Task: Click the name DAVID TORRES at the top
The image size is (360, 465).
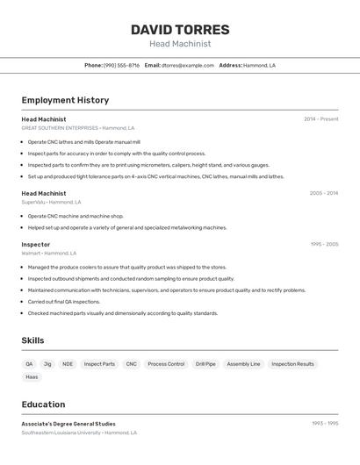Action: click(180, 29)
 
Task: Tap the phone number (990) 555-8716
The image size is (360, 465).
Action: click(121, 65)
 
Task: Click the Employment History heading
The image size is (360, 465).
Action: click(65, 100)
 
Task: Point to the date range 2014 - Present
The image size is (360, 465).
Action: click(320, 119)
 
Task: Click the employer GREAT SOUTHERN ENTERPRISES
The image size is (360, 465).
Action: click(60, 128)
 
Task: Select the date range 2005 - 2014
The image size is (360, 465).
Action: click(323, 193)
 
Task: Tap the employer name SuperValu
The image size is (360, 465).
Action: click(32, 202)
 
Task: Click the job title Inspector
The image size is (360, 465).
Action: click(36, 245)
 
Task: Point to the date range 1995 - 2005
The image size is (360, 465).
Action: click(323, 245)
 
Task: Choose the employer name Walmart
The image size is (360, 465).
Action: click(31, 254)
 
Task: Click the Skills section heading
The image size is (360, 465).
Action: click(32, 340)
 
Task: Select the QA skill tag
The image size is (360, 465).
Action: click(29, 364)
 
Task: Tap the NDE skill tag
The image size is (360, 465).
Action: click(68, 364)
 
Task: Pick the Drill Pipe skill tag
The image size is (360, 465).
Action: click(205, 364)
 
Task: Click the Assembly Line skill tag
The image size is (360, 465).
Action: click(243, 364)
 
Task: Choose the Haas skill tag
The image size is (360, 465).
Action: click(32, 377)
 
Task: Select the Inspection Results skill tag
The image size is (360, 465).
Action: click(292, 364)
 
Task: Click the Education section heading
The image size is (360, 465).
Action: click(43, 404)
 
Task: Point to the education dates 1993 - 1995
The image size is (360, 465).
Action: click(324, 424)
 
